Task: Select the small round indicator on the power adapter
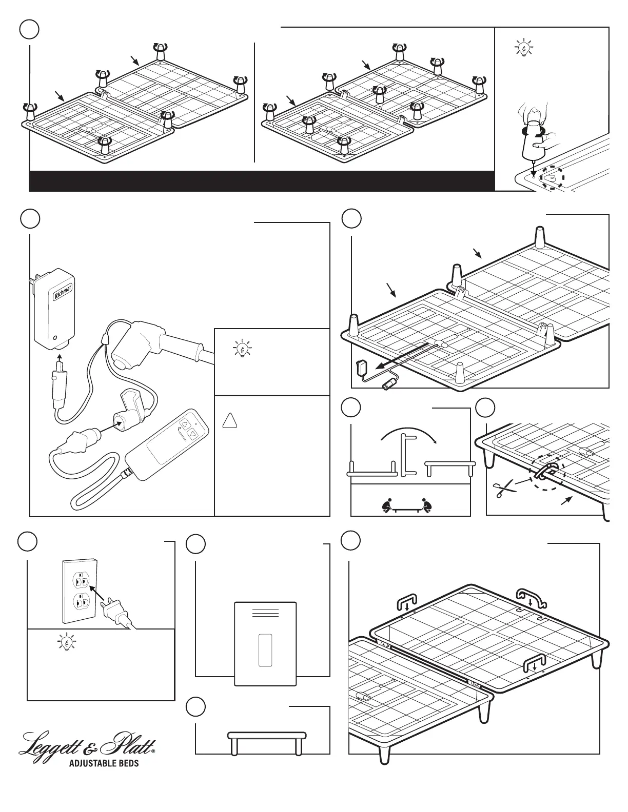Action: (55, 338)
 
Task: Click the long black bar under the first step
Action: (262, 181)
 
